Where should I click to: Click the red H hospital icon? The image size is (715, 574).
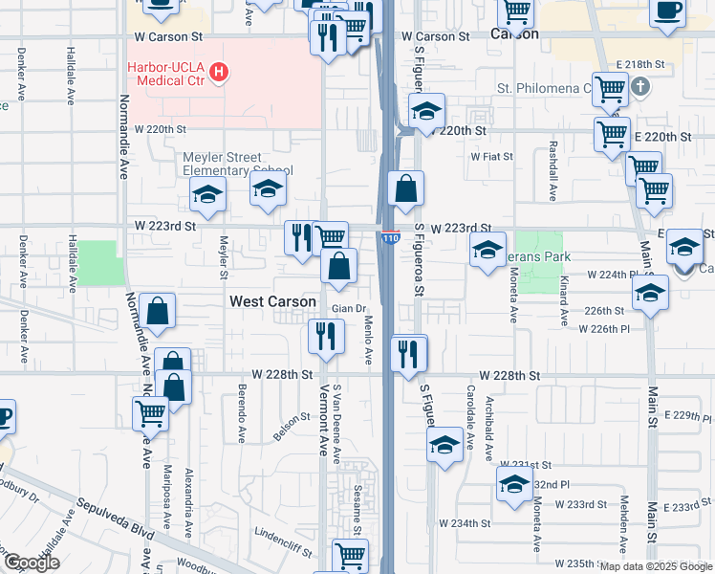click(x=221, y=71)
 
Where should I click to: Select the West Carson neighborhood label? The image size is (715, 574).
click(x=272, y=301)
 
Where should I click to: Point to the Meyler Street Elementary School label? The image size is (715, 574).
click(x=238, y=164)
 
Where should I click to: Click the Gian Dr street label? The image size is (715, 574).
click(x=349, y=309)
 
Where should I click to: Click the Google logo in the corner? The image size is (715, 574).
click(x=31, y=563)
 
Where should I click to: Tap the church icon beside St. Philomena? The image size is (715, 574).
click(x=641, y=88)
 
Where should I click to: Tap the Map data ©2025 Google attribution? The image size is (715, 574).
click(x=656, y=566)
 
